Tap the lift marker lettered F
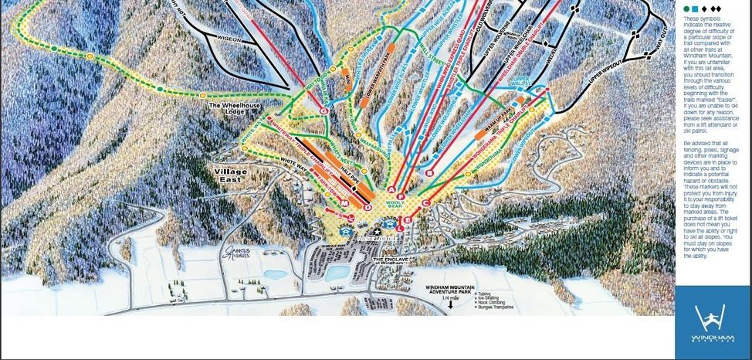click(402, 197)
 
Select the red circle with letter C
click(425, 202)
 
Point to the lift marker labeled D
click(368, 207)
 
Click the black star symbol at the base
click(377, 231)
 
